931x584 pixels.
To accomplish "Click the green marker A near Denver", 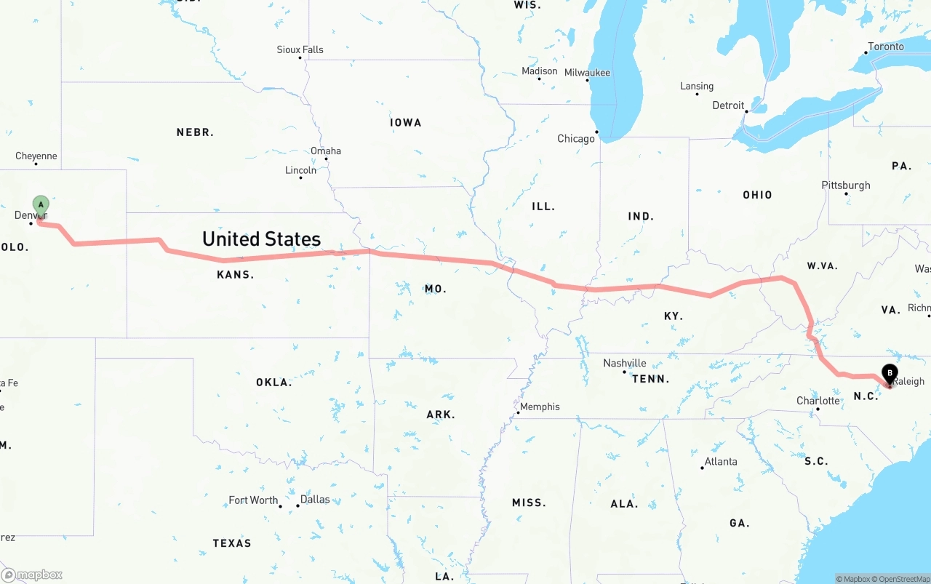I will pos(41,204).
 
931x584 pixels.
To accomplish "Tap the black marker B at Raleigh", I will pos(889,373).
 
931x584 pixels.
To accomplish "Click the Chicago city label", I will pos(575,138).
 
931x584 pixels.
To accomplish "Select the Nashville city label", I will pos(624,363).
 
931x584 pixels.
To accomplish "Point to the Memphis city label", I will pos(540,407).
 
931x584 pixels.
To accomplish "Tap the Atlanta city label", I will pos(720,461).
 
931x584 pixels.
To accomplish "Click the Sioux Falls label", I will pos(300,49).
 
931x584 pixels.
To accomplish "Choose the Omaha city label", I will pos(325,151).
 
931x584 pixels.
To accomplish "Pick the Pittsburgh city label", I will pos(845,185).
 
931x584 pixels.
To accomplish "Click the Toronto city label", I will pos(885,47).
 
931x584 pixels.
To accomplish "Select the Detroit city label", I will pos(728,105).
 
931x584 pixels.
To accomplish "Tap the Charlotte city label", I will pos(818,401).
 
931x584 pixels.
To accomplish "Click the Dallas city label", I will pos(315,500).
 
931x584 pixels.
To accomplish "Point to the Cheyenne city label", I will pos(36,156).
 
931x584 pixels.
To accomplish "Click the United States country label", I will pos(261,239).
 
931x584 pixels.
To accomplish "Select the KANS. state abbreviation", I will pos(235,275).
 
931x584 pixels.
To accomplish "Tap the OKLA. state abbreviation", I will pos(273,382).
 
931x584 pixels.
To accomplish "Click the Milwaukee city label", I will pos(587,72).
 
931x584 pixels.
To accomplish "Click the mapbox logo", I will pos(32,575).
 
